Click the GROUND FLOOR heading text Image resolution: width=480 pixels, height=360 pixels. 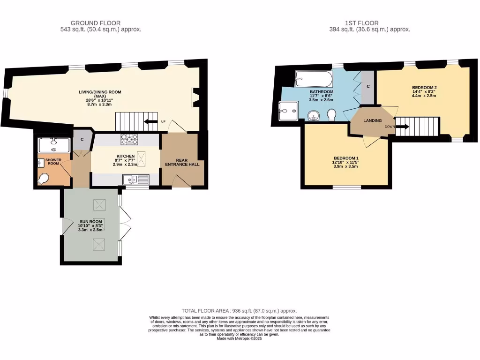pos(95,23)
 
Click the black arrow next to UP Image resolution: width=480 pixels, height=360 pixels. pos(150,122)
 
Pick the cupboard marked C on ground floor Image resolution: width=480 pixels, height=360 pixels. pos(82,139)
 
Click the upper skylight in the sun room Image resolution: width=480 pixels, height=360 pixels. pos(99,204)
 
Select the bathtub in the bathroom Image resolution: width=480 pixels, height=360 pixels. pos(314,79)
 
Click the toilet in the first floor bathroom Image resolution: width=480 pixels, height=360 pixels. pos(332,114)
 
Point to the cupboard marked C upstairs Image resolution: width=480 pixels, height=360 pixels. pos(368,87)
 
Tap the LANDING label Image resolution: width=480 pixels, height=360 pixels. pos(373,120)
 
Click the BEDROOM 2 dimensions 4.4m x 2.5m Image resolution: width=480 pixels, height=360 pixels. pos(424,96)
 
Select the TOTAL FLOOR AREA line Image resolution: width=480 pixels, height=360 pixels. pos(239,311)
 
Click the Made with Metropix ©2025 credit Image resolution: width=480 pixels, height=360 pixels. pos(239,338)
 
